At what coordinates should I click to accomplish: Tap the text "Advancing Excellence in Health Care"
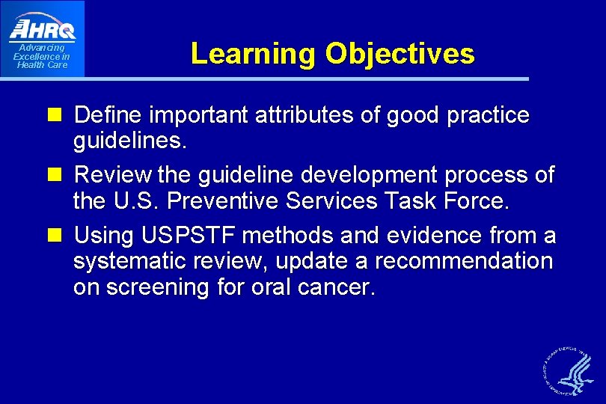coord(42,57)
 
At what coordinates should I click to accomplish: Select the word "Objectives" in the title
coord(400,54)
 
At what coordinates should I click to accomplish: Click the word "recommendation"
coord(464,262)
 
